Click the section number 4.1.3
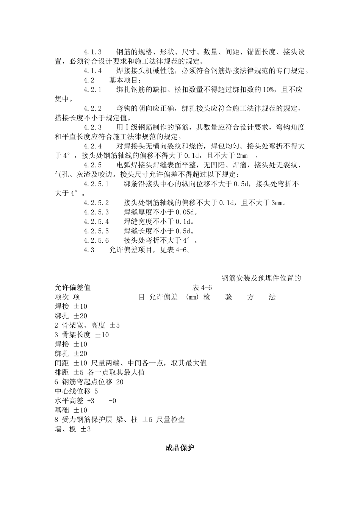point(93,52)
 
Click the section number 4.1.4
point(93,71)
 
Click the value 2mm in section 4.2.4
point(242,156)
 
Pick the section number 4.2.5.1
point(96,184)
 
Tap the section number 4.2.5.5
point(96,231)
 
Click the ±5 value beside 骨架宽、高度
point(115,325)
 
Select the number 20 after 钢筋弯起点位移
point(120,382)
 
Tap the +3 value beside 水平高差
point(91,401)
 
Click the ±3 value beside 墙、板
point(86,429)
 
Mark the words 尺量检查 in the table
point(171,420)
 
